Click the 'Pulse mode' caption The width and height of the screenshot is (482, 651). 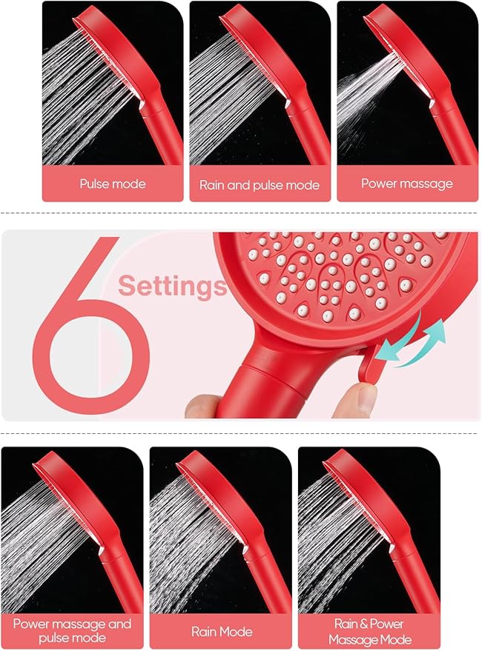tap(113, 184)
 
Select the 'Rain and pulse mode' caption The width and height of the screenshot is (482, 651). tap(260, 184)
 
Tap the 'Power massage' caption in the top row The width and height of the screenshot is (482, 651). tap(406, 183)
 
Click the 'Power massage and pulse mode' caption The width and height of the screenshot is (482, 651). tap(72, 631)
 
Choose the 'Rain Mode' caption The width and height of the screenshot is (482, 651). tap(221, 632)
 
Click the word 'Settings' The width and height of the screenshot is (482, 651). tap(172, 285)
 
